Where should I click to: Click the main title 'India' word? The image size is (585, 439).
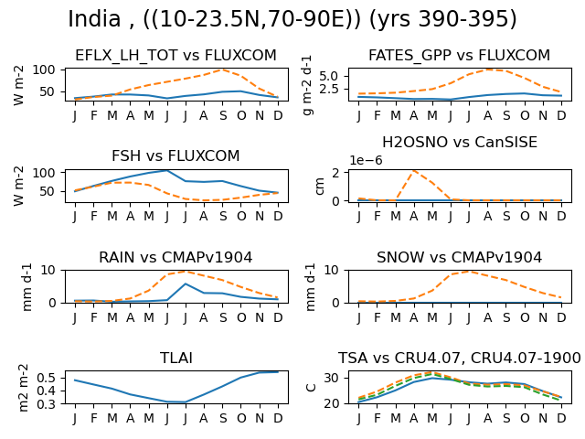94,18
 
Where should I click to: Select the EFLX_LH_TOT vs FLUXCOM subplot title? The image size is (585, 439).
175,55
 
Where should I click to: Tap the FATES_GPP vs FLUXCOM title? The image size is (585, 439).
459,55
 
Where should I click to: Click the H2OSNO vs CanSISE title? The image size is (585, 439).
460,143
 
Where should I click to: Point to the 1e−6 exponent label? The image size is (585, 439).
366,160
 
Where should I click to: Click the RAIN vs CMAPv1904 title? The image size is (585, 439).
175,257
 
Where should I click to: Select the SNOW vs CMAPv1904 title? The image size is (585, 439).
459,257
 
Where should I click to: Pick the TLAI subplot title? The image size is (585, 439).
176,358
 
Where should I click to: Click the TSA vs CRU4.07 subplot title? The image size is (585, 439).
459,358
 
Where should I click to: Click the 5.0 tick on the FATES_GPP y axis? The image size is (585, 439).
329,76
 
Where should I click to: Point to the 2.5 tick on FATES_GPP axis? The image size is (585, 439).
329,90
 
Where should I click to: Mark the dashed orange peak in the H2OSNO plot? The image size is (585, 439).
414,171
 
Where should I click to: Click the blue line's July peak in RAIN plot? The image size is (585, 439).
186,284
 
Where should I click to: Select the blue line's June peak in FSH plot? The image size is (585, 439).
166,171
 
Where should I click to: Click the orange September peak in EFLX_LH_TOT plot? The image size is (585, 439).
223,70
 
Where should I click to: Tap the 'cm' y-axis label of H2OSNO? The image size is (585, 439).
319,186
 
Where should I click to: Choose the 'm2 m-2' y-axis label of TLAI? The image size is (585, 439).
23,388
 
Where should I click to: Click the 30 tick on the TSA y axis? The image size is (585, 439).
332,378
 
